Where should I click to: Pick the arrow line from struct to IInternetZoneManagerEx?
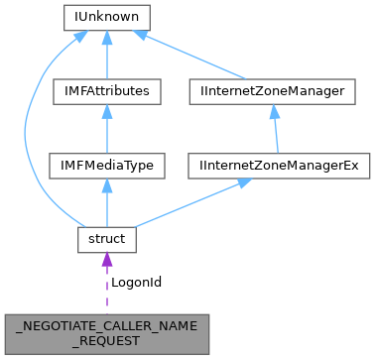pos(188,204)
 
